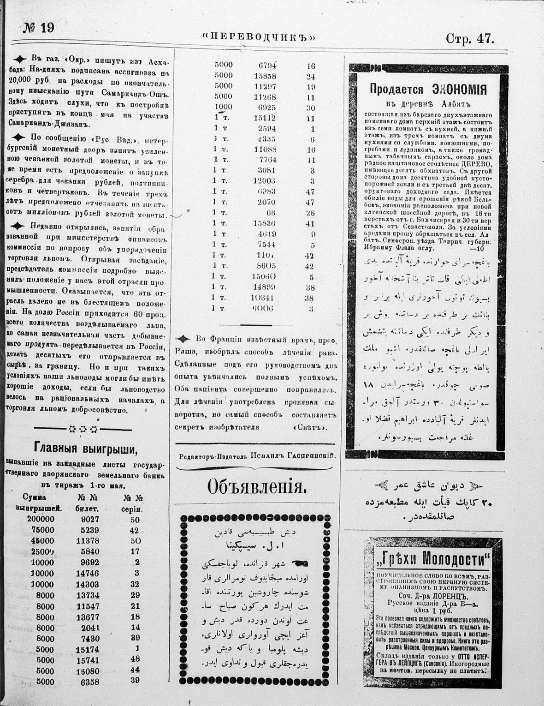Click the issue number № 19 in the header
(39, 28)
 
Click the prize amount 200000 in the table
(41, 519)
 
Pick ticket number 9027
(90, 519)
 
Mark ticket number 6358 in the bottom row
(90, 680)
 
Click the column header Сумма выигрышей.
(39, 503)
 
